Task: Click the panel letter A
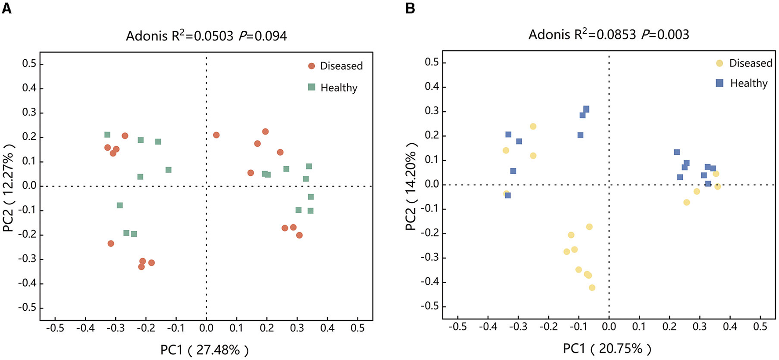pyautogui.click(x=6, y=8)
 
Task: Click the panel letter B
pyautogui.click(x=410, y=8)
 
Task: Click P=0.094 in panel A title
pyautogui.click(x=262, y=36)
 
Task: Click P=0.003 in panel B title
pyautogui.click(x=665, y=34)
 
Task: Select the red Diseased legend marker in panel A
pyautogui.click(x=312, y=66)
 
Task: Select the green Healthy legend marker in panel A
pyautogui.click(x=312, y=87)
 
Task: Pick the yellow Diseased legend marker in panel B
pyautogui.click(x=720, y=63)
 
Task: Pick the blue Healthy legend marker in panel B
pyautogui.click(x=720, y=83)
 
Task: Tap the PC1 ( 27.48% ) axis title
pyautogui.click(x=205, y=350)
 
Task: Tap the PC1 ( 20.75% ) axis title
pyautogui.click(x=607, y=349)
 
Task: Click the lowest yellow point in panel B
pyautogui.click(x=592, y=287)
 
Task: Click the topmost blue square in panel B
pyautogui.click(x=586, y=109)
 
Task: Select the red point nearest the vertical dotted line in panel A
pyautogui.click(x=216, y=135)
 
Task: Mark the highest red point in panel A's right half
pyautogui.click(x=266, y=131)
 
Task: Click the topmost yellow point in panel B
pyautogui.click(x=533, y=127)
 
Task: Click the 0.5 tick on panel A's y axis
pyautogui.click(x=30, y=64)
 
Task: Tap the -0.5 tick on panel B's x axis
pyautogui.click(x=457, y=327)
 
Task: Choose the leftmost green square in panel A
pyautogui.click(x=107, y=135)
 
